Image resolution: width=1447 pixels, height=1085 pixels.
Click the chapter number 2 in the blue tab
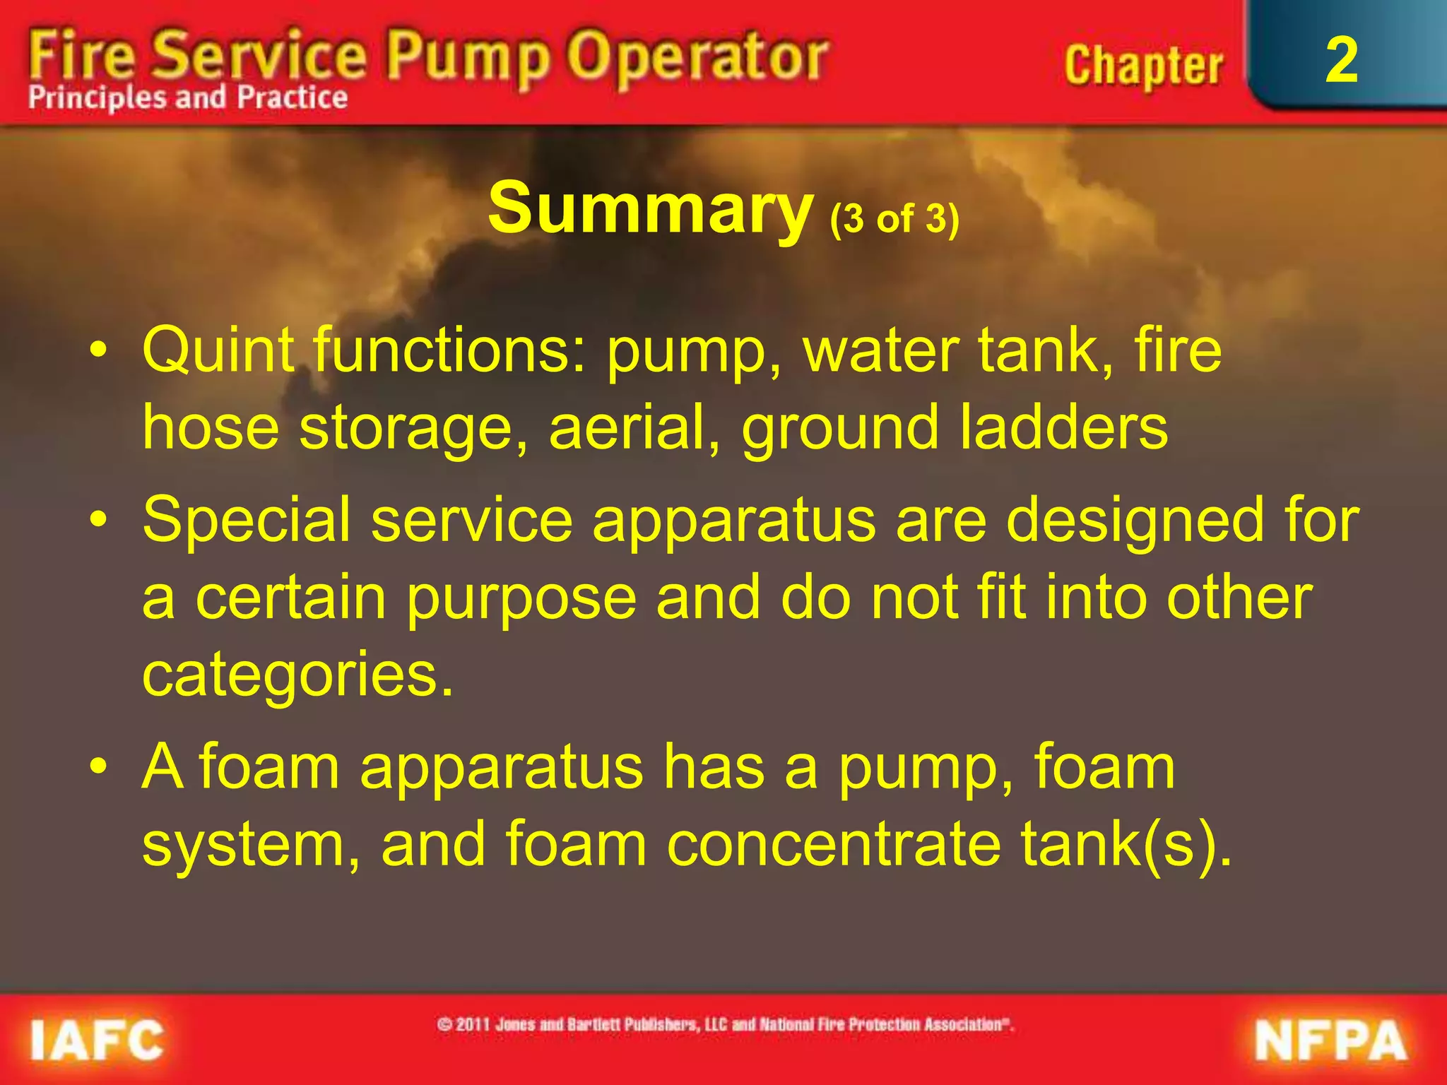(1341, 61)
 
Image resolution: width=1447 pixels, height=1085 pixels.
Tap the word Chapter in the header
(1142, 66)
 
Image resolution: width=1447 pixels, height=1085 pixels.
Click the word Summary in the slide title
(650, 208)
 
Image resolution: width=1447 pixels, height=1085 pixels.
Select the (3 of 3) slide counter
(894, 218)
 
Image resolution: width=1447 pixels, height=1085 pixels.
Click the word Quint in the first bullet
(218, 350)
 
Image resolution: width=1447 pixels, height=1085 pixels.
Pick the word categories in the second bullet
(297, 675)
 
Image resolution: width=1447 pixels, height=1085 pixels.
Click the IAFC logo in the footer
(97, 1040)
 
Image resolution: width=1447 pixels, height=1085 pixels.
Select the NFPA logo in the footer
(1331, 1040)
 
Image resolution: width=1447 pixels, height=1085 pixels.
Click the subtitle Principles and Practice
(188, 97)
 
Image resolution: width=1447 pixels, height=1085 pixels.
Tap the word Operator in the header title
(698, 57)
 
